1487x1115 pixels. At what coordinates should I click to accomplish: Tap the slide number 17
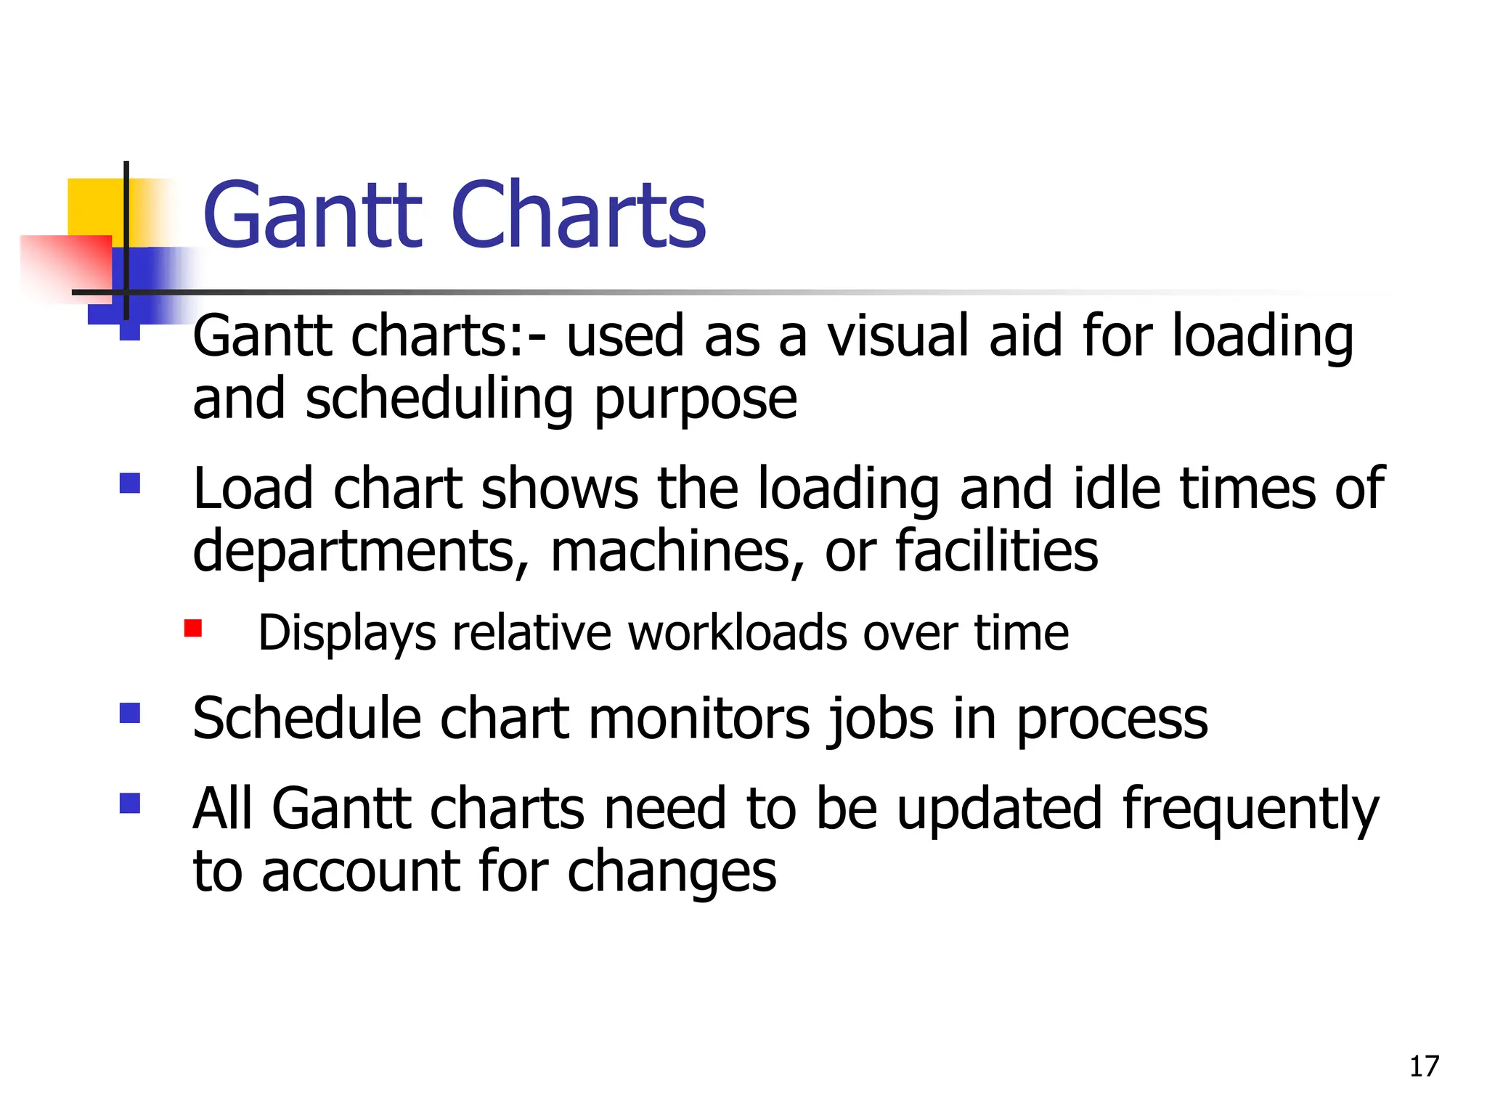[x=1424, y=1066]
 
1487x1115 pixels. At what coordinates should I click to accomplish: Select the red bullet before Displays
[x=192, y=628]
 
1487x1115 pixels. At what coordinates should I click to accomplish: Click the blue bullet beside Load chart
[x=130, y=483]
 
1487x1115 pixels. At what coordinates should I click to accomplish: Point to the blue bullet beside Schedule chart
[x=130, y=714]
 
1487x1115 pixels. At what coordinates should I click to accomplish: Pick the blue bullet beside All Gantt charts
[x=130, y=804]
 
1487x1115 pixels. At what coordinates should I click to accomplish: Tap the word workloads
[x=737, y=632]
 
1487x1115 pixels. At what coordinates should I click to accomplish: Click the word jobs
[x=881, y=720]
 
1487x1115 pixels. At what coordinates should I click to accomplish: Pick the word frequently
[x=1250, y=810]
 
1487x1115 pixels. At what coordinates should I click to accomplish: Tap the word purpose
[x=696, y=401]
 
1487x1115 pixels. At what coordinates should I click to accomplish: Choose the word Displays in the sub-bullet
[x=347, y=634]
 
